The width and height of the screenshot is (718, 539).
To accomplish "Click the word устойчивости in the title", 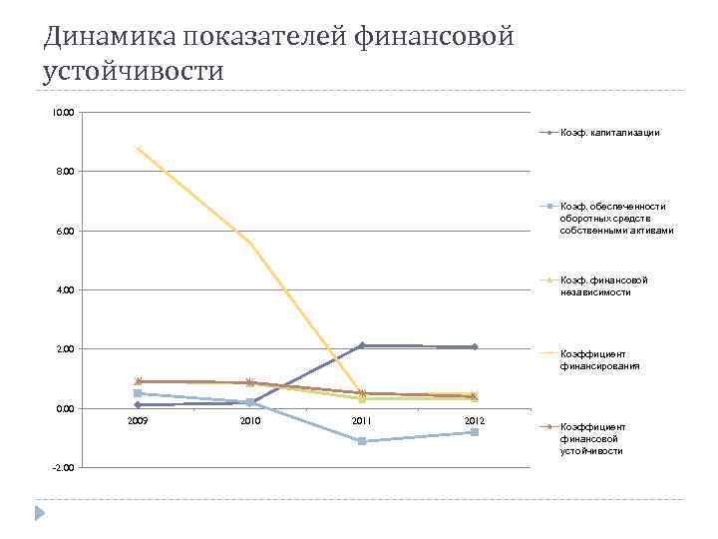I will [x=134, y=72].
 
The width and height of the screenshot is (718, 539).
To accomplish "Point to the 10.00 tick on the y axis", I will [x=64, y=113].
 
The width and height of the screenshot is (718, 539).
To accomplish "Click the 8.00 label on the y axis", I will [x=64, y=172].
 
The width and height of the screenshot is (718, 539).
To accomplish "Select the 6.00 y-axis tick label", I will [x=64, y=232].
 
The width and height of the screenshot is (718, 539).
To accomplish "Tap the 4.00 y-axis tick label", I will [x=64, y=290].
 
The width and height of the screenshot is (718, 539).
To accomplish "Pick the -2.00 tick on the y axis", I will [x=62, y=468].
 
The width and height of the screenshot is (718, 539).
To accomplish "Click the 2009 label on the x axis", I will [x=138, y=422].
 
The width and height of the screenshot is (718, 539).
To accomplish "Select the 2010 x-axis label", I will [x=249, y=422].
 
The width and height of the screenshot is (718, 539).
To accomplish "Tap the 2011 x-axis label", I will [x=361, y=422].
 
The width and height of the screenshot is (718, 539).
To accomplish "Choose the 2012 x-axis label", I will [x=474, y=422].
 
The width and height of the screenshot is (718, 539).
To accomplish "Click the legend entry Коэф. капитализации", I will [x=609, y=132].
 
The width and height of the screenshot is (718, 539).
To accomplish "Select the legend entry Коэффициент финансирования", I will [x=599, y=359].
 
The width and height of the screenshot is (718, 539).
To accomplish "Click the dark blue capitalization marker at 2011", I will [x=362, y=345].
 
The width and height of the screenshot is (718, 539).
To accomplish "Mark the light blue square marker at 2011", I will [x=362, y=441].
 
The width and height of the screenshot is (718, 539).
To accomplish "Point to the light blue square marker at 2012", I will [x=474, y=432].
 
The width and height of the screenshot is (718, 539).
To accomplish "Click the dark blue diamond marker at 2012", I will [x=474, y=346].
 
